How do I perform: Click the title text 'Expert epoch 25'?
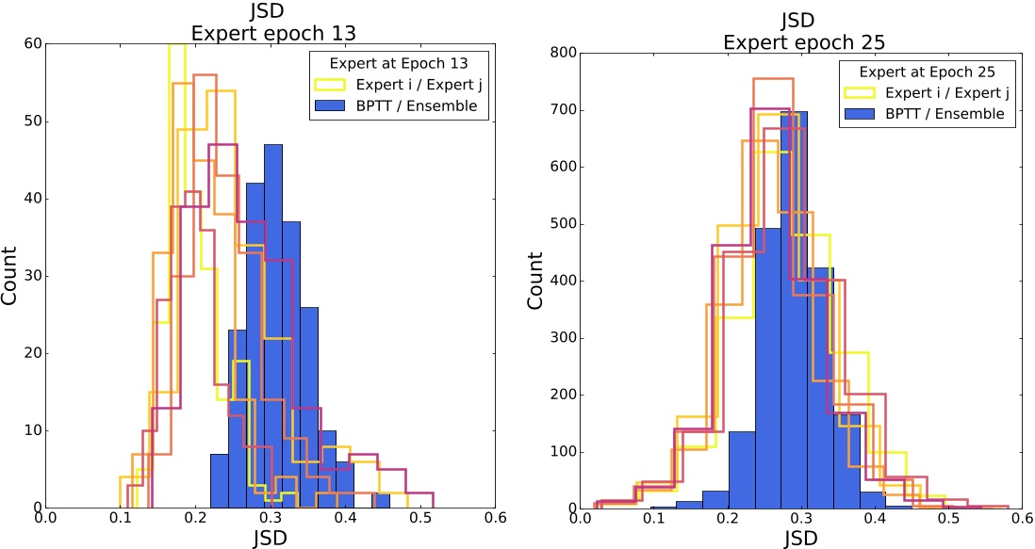798,43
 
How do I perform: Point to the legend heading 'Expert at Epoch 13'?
402,63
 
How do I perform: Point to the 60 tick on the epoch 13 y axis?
33,43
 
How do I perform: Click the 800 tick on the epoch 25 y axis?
562,54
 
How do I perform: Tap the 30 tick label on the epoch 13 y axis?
33,276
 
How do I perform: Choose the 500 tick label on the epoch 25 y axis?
562,224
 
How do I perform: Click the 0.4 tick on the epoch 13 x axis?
346,517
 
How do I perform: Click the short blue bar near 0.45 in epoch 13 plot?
383,501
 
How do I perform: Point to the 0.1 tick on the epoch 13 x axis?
121,517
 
